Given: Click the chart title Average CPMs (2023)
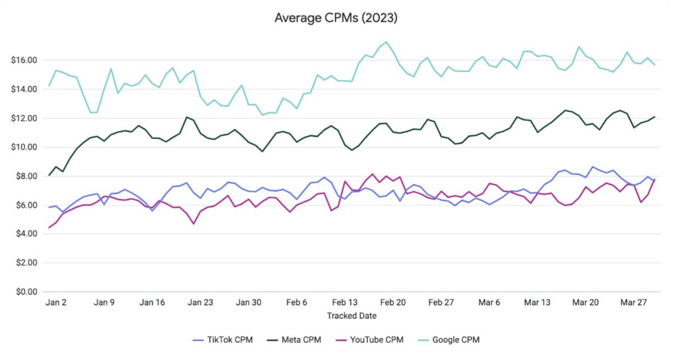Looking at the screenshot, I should point(336,18).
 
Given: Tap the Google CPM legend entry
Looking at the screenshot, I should point(456,339).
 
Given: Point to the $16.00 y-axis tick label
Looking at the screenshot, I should point(23,60).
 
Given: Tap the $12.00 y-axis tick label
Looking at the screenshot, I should point(23,118).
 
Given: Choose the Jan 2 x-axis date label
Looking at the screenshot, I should point(56,303).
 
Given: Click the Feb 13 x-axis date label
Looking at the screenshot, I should point(344,303).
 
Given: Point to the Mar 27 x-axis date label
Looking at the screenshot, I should point(634,303).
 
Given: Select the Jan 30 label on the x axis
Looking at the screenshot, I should point(248,303).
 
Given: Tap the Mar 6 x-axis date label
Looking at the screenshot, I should point(489,303).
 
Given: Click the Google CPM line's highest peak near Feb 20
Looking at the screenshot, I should point(385,42).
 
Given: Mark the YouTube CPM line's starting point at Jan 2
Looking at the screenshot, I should point(49,227).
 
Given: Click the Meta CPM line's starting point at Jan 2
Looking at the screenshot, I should point(49,175).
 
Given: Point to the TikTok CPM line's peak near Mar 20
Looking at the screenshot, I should point(593,167).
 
